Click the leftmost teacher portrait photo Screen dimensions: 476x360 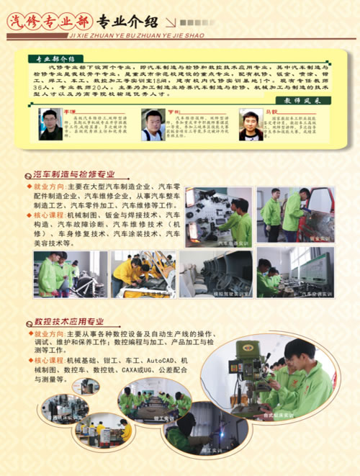pyautogui.click(x=50, y=125)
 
